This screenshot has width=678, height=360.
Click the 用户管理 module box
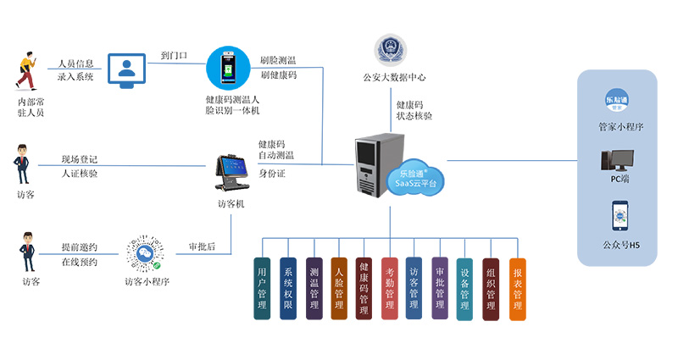(x=262, y=288)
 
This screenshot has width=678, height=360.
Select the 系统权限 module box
(x=288, y=288)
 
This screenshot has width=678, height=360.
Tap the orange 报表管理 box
(x=517, y=288)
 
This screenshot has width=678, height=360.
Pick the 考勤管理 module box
(x=389, y=288)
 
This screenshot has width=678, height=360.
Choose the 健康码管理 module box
(x=364, y=288)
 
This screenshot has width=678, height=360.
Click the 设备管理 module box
(x=464, y=289)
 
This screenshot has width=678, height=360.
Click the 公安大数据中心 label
(x=393, y=77)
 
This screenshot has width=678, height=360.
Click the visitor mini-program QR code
(x=144, y=252)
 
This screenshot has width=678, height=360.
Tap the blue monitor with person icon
(x=127, y=70)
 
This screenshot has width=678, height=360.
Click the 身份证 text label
(x=272, y=174)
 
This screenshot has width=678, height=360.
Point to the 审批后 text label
(x=201, y=247)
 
